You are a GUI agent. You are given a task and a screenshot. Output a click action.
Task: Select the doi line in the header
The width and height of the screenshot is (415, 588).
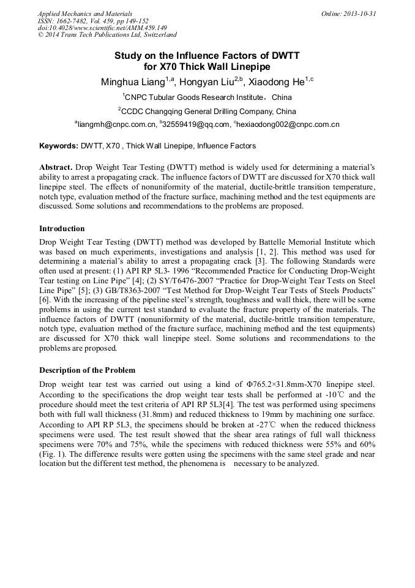(x=102, y=28)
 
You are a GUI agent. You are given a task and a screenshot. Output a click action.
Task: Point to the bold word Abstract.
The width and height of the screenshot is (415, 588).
(x=56, y=167)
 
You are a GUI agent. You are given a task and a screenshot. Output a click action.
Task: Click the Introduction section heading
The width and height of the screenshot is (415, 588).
(x=62, y=229)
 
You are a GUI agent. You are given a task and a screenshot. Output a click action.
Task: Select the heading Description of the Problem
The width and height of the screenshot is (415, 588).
(x=87, y=370)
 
